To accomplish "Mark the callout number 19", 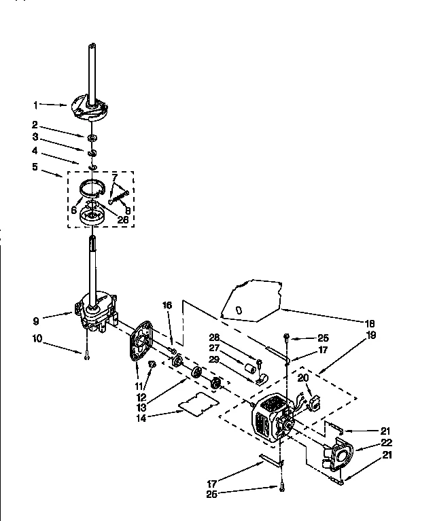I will (370, 335).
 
